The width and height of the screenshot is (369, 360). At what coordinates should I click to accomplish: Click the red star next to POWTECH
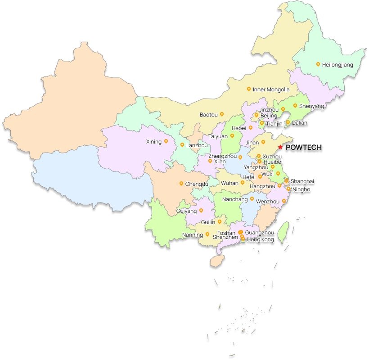(280, 147)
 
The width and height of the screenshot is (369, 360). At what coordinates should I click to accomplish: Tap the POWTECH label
(304, 147)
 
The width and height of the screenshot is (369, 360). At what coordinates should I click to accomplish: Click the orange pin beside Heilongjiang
(318, 64)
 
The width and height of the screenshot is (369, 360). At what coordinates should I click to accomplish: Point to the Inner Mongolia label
(271, 90)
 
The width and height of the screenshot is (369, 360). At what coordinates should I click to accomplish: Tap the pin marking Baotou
(221, 114)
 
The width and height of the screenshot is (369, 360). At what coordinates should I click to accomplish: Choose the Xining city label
(153, 142)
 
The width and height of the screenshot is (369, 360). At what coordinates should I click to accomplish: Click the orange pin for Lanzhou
(182, 144)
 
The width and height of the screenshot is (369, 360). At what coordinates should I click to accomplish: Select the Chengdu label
(197, 184)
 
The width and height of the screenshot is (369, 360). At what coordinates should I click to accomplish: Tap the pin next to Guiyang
(201, 210)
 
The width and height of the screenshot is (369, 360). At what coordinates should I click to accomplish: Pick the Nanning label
(193, 234)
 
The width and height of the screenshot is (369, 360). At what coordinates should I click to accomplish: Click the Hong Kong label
(260, 240)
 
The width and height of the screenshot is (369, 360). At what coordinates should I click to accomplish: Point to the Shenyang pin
(295, 106)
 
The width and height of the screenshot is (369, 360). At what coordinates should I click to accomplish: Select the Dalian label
(299, 122)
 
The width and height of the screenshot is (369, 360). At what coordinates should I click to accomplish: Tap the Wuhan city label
(229, 183)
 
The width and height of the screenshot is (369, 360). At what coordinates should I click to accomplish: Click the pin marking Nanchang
(252, 198)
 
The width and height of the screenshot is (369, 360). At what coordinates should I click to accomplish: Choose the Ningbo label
(301, 189)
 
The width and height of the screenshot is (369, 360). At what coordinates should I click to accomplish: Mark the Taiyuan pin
(232, 135)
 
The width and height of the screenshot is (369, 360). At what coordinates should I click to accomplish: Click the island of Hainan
(217, 261)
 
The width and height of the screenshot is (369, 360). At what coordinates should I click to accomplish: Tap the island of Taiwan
(283, 232)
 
